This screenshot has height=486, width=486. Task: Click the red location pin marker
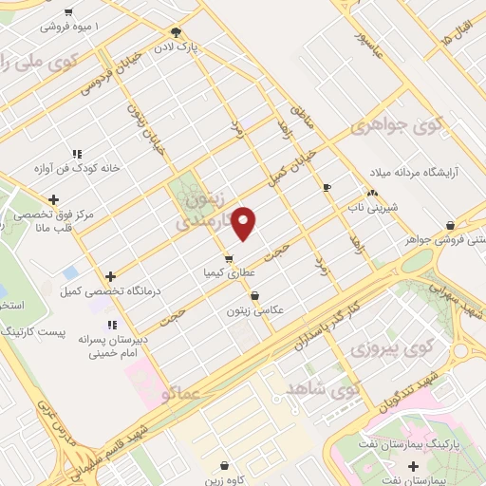(244, 223)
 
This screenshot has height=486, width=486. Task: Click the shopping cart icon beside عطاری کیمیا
(228, 258)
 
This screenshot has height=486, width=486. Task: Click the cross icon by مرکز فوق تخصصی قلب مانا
(53, 199)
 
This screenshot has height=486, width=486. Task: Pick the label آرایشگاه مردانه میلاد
(412, 172)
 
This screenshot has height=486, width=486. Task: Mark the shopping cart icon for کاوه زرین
(224, 466)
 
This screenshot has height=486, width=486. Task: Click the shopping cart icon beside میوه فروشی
(67, 12)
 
